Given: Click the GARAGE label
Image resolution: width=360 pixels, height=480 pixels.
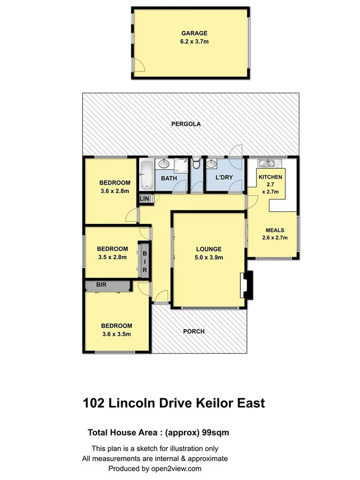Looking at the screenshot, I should [190, 33].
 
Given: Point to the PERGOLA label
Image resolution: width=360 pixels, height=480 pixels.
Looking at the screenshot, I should [186, 124].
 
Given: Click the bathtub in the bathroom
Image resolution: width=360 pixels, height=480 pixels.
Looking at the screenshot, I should [146, 177].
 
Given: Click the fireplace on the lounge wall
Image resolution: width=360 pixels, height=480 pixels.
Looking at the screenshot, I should [246, 284].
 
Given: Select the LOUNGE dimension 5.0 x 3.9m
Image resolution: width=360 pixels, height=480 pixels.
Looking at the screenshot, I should [208, 258].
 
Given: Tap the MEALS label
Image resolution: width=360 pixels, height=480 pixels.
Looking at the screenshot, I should [275, 230].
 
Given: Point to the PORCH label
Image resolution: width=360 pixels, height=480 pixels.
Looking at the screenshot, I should [194, 331].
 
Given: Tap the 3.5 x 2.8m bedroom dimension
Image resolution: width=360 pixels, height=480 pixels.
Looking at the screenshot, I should [112, 258].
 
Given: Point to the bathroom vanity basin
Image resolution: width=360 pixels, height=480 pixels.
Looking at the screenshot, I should [164, 163].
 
